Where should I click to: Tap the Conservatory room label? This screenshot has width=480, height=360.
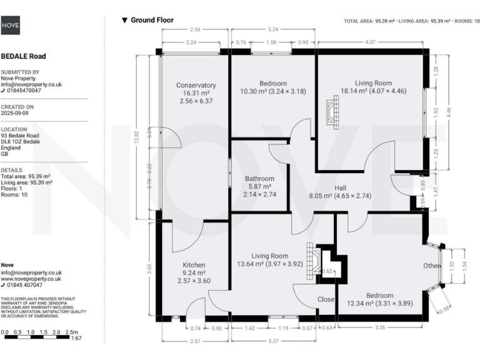click(196, 85)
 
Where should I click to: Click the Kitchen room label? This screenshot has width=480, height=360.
click(194, 265)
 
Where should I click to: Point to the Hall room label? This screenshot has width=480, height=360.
click(340, 187)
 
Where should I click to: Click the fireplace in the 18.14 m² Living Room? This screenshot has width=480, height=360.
click(332, 114)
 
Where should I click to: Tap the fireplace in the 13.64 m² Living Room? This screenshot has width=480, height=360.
click(311, 256)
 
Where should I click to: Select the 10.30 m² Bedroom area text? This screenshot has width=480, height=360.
click(273, 92)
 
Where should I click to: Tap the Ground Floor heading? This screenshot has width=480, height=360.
click(152, 21)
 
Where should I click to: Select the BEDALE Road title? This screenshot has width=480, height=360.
click(24, 56)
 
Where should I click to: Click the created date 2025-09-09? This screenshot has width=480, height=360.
click(18, 114)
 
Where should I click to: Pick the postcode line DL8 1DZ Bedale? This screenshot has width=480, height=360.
click(21, 142)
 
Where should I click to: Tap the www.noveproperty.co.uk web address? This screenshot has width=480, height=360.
click(31, 279)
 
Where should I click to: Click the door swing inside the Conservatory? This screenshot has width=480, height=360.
click(170, 137)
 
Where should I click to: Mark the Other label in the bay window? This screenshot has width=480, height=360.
click(431, 266)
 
